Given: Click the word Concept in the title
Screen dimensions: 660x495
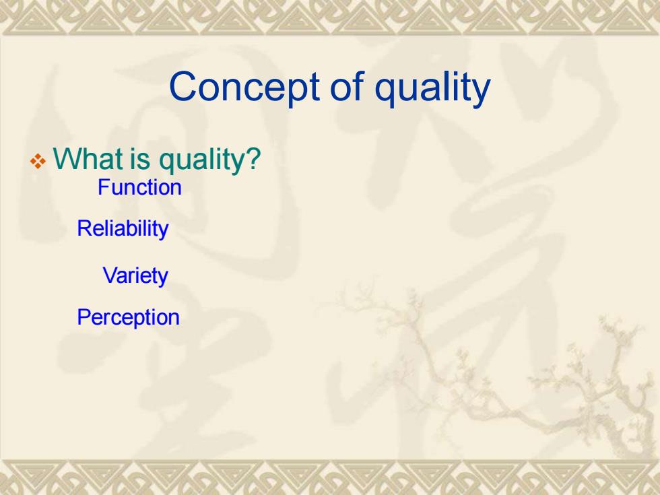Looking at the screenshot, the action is (x=244, y=87).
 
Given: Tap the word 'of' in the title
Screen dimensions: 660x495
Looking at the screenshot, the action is (x=347, y=86).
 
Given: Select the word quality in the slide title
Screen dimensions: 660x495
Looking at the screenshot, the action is (x=432, y=88).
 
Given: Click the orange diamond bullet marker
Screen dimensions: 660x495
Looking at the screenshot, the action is (x=38, y=161).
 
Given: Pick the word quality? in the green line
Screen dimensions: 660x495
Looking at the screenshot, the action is (x=209, y=161).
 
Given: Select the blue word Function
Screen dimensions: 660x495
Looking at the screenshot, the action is (x=139, y=187).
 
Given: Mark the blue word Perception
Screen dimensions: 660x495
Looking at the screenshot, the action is (x=128, y=318).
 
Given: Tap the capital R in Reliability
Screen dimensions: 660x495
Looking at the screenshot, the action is (x=84, y=228).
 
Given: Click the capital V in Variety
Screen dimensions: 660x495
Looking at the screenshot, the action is (x=110, y=275).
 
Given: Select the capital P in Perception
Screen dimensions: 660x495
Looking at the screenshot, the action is (x=84, y=317).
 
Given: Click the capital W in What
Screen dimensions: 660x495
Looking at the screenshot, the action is (x=67, y=158).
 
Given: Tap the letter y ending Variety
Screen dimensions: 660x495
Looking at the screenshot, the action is (x=163, y=279).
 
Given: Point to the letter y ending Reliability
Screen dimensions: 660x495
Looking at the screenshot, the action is (x=163, y=232).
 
